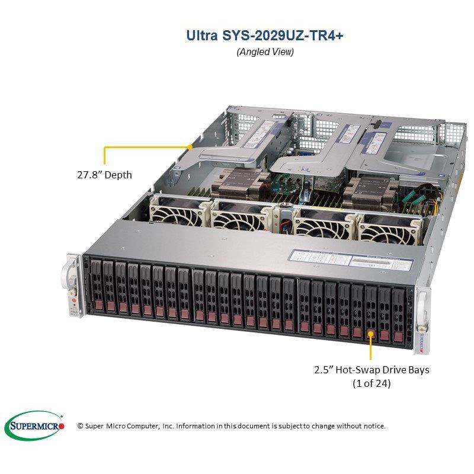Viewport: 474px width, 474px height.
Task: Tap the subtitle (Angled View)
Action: [265, 52]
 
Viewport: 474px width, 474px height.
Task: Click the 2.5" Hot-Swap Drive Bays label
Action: [371, 370]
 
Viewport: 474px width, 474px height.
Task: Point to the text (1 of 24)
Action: [371, 383]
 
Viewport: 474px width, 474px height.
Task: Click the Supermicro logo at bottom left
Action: [34, 425]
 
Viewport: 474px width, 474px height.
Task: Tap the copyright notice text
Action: [232, 426]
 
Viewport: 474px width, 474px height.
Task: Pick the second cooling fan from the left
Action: [239, 220]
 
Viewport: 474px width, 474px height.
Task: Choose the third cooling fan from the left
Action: [313, 224]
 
